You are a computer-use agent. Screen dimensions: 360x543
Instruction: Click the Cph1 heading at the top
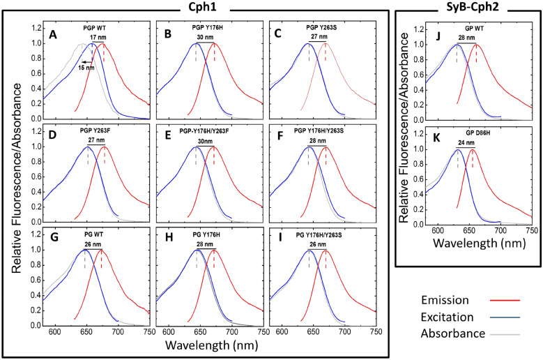206,6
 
